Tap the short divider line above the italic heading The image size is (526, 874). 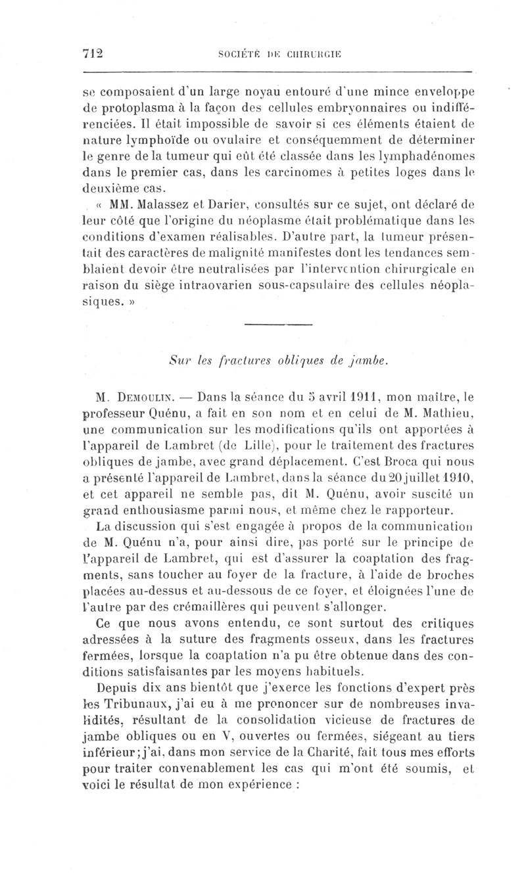[279, 324]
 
